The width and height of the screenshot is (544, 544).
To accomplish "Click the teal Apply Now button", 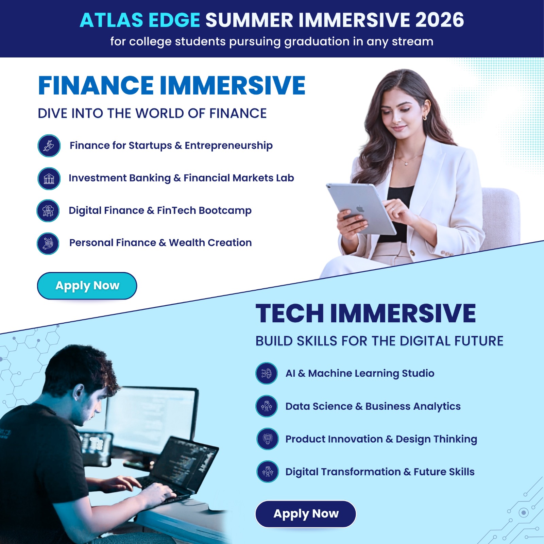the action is (87, 286).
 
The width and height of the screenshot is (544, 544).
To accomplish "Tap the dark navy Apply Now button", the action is (306, 514).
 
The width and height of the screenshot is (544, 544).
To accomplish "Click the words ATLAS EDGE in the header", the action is (140, 20).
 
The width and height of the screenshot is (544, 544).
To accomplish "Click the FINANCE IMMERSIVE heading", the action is (172, 85).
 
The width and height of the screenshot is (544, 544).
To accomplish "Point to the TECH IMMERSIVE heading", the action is (365, 313).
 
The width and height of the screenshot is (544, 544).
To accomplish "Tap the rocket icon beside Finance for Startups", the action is (49, 146).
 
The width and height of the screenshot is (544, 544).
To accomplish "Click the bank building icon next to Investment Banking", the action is (49, 178).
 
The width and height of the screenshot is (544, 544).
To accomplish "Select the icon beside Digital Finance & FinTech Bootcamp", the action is (48, 211).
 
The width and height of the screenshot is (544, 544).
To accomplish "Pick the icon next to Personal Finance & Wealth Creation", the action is (48, 243).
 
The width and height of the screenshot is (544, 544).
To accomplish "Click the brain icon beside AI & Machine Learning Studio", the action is (267, 373).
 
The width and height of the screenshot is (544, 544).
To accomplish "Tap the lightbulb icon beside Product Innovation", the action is (268, 439).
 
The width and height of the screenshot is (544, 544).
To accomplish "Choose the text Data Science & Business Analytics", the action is (373, 407).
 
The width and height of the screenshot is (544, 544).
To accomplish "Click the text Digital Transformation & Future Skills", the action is (380, 472).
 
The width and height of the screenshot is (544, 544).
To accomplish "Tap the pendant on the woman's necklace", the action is (406, 164).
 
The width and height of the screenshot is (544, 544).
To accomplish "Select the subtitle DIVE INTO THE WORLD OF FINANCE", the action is (152, 114).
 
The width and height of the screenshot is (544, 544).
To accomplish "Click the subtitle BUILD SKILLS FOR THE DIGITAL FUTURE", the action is (379, 341).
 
